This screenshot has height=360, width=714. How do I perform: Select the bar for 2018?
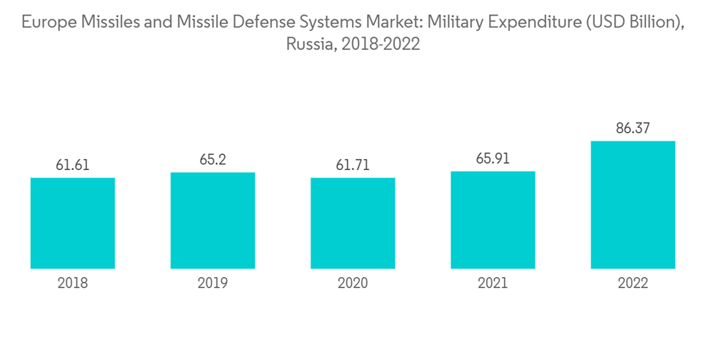(73, 223)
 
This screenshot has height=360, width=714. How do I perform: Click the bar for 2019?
(213, 220)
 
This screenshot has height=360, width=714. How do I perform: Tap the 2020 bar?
(353, 223)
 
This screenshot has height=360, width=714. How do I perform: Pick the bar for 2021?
(493, 220)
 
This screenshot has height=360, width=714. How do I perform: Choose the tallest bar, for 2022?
(633, 204)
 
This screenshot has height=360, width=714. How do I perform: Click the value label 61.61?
(73, 166)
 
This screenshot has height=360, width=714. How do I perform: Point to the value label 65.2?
(213, 160)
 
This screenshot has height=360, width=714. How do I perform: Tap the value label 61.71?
(353, 166)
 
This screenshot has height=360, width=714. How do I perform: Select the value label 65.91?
(493, 159)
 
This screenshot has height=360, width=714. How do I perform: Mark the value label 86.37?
(633, 129)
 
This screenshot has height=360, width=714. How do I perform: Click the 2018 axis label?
(73, 283)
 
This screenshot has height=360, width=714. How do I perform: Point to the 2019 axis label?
(213, 283)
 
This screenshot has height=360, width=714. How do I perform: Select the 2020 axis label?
(353, 283)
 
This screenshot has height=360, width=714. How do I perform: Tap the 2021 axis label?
(493, 283)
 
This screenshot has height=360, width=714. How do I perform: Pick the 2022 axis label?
(633, 283)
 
